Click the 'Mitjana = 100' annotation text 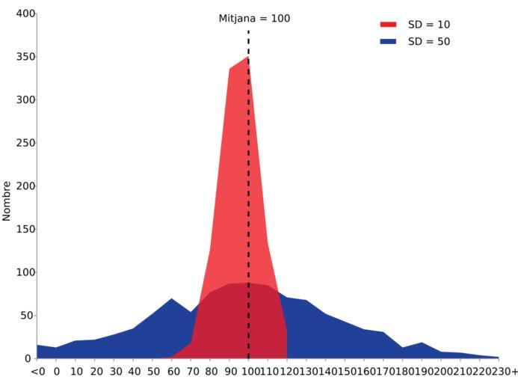pyautogui.click(x=254, y=19)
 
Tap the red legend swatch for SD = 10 pyautogui.click(x=388, y=25)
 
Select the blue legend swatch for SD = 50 pyautogui.click(x=388, y=42)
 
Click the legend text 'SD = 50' pyautogui.click(x=429, y=42)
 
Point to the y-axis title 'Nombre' pyautogui.click(x=7, y=200)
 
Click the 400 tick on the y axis pyautogui.click(x=25, y=13)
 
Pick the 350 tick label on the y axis pyautogui.click(x=25, y=57)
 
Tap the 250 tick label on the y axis pyautogui.click(x=25, y=143)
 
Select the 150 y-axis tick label pyautogui.click(x=25, y=229)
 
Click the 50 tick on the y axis pyautogui.click(x=28, y=316)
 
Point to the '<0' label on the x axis pyautogui.click(x=37, y=371)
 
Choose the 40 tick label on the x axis pyautogui.click(x=133, y=371)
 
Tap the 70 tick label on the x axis pyautogui.click(x=191, y=371)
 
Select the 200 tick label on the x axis pyautogui.click(x=440, y=371)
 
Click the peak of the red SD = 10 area pyautogui.click(x=248, y=58)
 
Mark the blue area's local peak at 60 pyautogui.click(x=171, y=299)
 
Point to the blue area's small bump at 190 pyautogui.click(x=422, y=343)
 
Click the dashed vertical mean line pyautogui.click(x=248, y=187)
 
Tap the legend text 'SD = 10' pyautogui.click(x=429, y=25)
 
